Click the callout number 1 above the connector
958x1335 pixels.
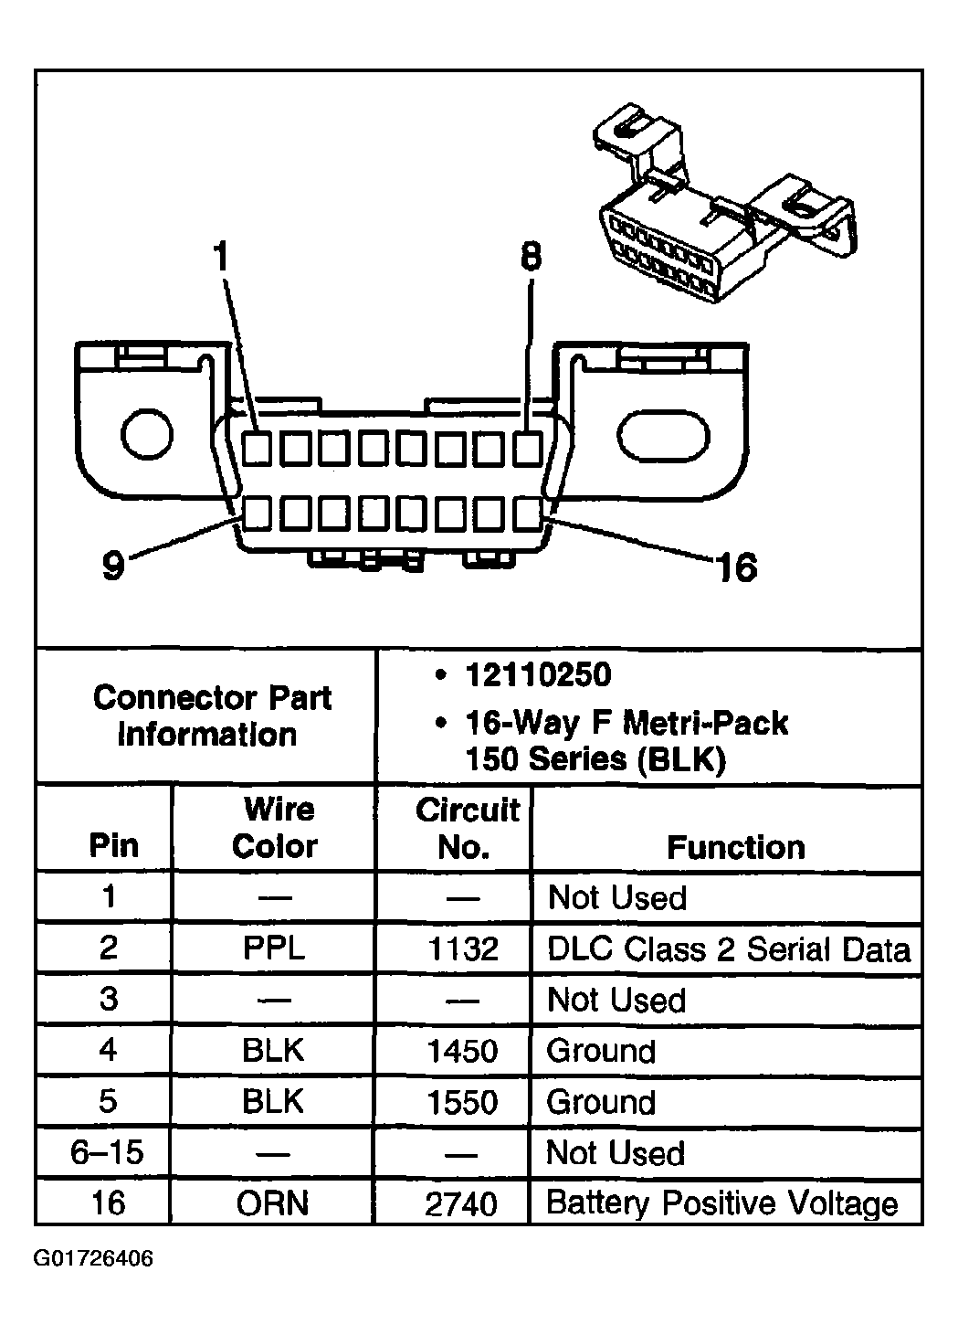pos(220,258)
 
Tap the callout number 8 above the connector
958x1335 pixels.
pos(530,258)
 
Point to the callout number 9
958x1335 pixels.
pos(112,566)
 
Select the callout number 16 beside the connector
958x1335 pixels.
pos(736,567)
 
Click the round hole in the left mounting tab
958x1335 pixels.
pos(147,433)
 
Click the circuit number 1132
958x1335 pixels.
pos(463,949)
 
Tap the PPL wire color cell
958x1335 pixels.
pos(274,948)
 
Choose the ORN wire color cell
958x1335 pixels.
pos(274,1203)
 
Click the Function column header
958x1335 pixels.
pos(735,847)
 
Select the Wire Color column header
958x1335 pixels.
pos(274,828)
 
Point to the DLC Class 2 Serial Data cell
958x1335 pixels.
pos(728,949)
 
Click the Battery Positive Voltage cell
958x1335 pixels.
pos(721,1203)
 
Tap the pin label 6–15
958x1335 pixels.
pos(107,1152)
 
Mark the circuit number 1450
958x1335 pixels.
pos(462,1051)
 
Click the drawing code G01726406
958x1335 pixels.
pos(94,1259)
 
